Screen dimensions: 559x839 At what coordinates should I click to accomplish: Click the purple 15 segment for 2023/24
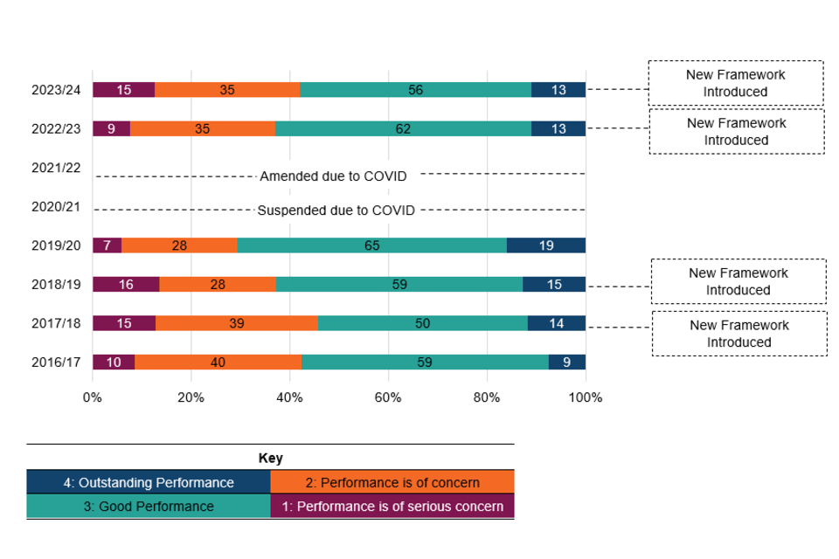point(123,89)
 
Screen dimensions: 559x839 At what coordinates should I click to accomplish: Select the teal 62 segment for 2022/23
point(404,128)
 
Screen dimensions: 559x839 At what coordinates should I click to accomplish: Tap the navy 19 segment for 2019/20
point(546,245)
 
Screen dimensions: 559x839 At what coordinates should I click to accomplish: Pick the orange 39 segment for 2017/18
point(236,323)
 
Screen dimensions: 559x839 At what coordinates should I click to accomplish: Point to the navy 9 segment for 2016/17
point(567,362)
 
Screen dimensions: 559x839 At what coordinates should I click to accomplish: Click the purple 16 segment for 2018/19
point(126,284)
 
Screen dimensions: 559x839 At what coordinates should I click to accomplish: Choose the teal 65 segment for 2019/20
point(371,245)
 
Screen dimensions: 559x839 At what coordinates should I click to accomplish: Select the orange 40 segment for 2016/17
point(218,362)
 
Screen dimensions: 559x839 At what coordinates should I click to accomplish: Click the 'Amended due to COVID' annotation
point(333,176)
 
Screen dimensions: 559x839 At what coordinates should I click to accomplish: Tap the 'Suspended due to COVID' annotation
point(336,210)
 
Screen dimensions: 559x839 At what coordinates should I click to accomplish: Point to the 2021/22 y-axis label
point(56,167)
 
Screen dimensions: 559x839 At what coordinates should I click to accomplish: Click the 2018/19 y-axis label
point(56,284)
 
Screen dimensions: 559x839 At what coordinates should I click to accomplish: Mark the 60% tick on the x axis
point(387,398)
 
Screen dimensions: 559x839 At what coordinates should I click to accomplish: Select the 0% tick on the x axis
point(93,398)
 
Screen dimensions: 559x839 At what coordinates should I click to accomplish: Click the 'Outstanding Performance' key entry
point(149,482)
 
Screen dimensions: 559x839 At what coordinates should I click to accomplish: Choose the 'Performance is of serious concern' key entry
point(392,506)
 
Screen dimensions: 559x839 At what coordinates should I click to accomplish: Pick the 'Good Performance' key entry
point(149,506)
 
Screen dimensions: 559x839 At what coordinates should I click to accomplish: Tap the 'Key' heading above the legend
point(271,458)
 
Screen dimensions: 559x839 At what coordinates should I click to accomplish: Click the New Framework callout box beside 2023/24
point(735,83)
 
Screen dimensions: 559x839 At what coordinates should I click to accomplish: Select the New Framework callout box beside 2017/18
point(739,334)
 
